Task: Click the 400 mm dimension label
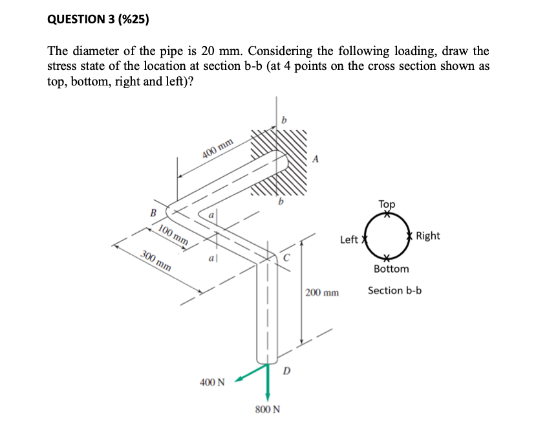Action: [x=217, y=149]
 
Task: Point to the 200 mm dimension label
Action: [x=322, y=293]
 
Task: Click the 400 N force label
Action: [x=212, y=382]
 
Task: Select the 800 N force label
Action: [x=268, y=409]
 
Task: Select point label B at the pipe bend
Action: [x=153, y=212]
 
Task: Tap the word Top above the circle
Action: [x=387, y=204]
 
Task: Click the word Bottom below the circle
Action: [x=391, y=268]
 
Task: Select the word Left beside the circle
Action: [x=349, y=240]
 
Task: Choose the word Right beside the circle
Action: [x=428, y=236]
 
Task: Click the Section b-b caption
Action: [x=394, y=290]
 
